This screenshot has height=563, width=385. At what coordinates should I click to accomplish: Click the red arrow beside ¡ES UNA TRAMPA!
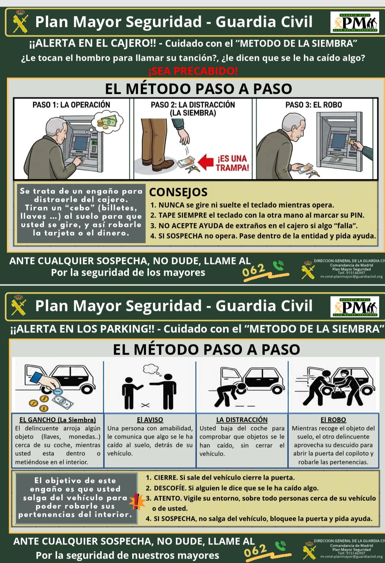(206, 161)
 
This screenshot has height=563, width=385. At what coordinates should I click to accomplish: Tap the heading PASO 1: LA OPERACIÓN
(71, 104)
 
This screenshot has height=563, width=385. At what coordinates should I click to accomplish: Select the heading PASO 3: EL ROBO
(314, 104)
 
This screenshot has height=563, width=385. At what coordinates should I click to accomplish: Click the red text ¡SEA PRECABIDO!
(193, 71)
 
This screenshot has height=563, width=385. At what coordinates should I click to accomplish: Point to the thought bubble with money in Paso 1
(107, 121)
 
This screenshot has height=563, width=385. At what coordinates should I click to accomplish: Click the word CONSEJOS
(178, 192)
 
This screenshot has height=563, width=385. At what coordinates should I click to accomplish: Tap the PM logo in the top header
(354, 22)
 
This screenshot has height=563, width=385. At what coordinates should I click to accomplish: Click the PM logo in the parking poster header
(354, 307)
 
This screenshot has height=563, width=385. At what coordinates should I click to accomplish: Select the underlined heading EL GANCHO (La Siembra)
(58, 419)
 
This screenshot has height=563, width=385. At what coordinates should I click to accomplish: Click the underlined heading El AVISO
(150, 419)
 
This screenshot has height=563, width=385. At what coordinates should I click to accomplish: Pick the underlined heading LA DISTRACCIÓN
(242, 419)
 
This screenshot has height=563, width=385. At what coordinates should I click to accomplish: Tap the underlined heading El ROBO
(333, 419)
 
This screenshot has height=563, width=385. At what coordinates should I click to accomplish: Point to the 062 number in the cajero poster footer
(254, 270)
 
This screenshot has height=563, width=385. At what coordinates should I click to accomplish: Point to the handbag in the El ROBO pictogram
(339, 394)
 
